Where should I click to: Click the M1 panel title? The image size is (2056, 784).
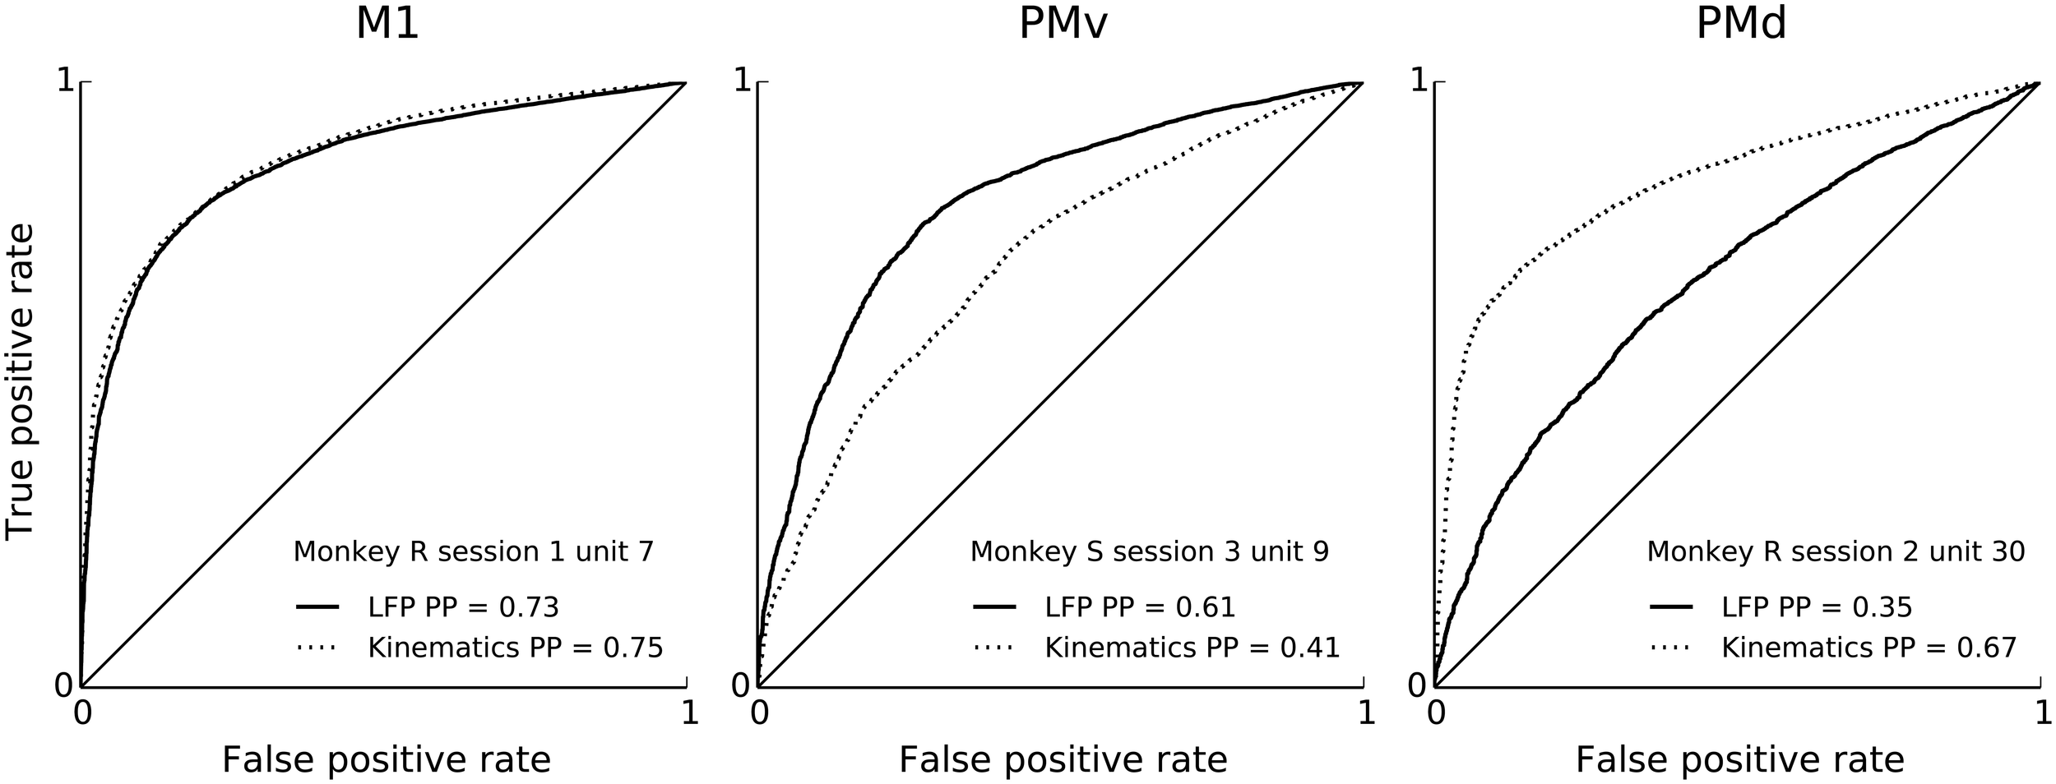pyautogui.click(x=387, y=24)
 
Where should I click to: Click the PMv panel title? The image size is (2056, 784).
pyautogui.click(x=1063, y=24)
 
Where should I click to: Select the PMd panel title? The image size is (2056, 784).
pyautogui.click(x=1741, y=24)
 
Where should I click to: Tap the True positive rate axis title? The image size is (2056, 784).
pyautogui.click(x=21, y=382)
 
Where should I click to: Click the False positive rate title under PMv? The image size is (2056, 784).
pyautogui.click(x=1063, y=759)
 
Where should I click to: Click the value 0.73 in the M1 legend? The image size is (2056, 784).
pyautogui.click(x=529, y=607)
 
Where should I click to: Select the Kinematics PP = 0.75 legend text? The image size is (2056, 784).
pyautogui.click(x=515, y=648)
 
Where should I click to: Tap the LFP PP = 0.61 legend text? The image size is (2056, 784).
pyautogui.click(x=1140, y=607)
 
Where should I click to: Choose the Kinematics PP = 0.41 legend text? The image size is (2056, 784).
pyautogui.click(x=1192, y=648)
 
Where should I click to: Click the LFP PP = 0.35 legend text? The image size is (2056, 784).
pyautogui.click(x=1817, y=607)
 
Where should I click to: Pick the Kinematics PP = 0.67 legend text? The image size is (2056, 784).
pyautogui.click(x=1868, y=648)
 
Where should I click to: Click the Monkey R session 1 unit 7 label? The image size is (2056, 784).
pyautogui.click(x=473, y=551)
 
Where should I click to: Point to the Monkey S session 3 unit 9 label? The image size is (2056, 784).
pyautogui.click(x=1149, y=551)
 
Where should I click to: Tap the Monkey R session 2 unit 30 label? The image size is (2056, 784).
pyautogui.click(x=1836, y=551)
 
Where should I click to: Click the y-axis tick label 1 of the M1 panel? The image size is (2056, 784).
pyautogui.click(x=65, y=81)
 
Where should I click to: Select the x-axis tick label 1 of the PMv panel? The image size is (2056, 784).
pyautogui.click(x=1365, y=713)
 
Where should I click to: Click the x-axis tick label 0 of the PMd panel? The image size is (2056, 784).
pyautogui.click(x=1436, y=713)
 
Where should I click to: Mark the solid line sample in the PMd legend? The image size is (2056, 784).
pyautogui.click(x=1671, y=607)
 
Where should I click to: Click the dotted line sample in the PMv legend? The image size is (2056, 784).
pyautogui.click(x=994, y=648)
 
